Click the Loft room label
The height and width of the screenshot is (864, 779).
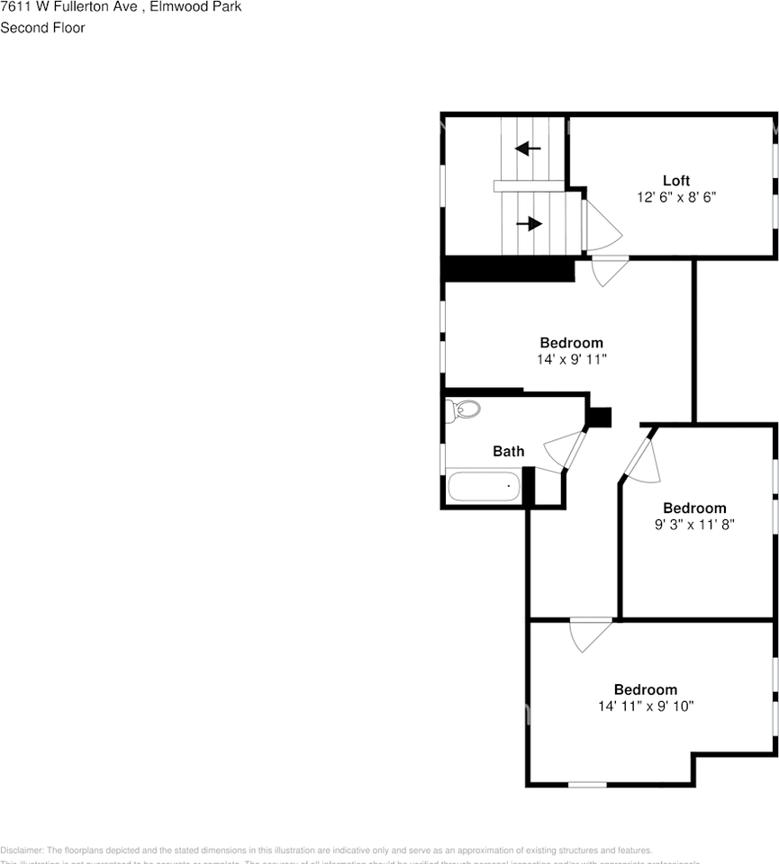[x=676, y=181]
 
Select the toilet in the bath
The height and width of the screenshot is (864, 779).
[x=464, y=410]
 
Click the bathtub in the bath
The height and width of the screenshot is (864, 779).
[x=485, y=486]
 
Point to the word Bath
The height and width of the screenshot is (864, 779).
[x=508, y=451]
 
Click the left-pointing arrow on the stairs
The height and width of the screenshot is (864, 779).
[x=528, y=148]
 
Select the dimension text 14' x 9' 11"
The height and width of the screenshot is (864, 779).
[x=571, y=359]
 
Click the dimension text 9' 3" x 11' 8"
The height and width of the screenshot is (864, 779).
[x=694, y=524]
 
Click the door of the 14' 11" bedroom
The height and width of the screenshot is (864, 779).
[x=590, y=634]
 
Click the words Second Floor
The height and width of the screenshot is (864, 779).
[x=43, y=28]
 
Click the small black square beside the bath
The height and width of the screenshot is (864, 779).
[x=599, y=418]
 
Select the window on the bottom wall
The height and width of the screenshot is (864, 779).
[x=587, y=785]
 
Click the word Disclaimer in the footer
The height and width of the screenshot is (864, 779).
[x=21, y=850]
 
